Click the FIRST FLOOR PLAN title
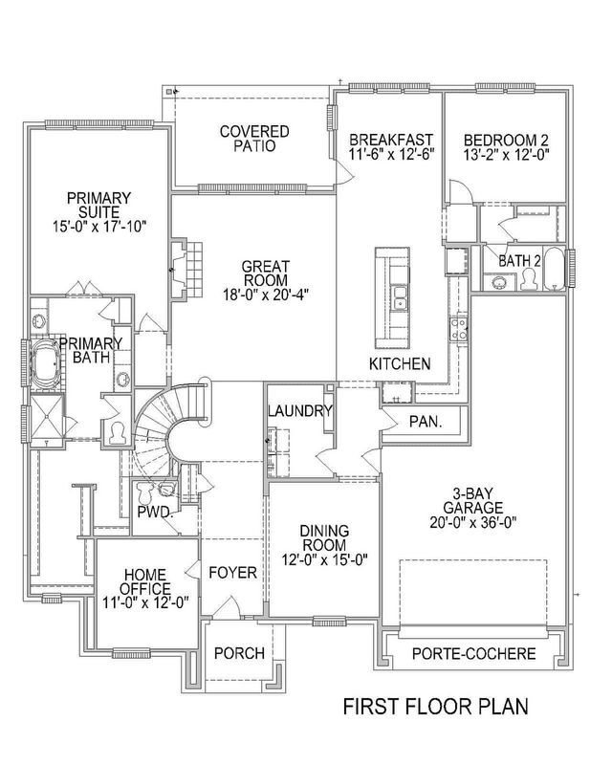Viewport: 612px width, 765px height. [x=436, y=709]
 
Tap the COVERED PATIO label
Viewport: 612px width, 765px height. [x=253, y=139]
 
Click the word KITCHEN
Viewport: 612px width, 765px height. [x=401, y=364]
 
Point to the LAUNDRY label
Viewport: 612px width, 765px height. [x=299, y=412]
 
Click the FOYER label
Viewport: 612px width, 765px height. [x=233, y=573]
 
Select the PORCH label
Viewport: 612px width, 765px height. [x=238, y=653]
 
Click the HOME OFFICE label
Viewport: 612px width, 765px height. [x=146, y=580]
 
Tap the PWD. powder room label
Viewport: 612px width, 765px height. [x=154, y=512]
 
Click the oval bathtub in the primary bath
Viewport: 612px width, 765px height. [x=45, y=364]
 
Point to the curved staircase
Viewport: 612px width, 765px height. [x=172, y=421]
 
